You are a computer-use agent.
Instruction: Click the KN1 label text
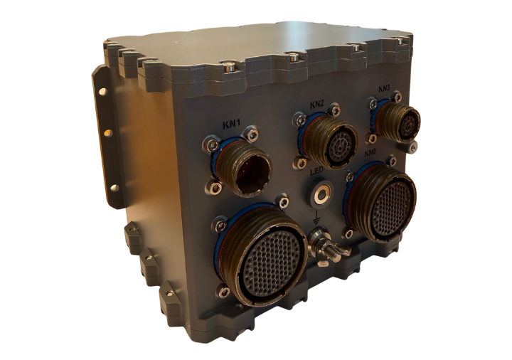coord(232,124)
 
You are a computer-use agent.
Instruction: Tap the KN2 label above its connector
coord(316,105)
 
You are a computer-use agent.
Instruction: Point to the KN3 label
coord(384,89)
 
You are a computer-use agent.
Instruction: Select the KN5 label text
coord(371,153)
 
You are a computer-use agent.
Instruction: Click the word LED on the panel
coord(316,171)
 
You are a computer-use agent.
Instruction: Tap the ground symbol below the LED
coord(316,220)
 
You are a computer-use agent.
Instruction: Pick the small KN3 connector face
coord(409,125)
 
